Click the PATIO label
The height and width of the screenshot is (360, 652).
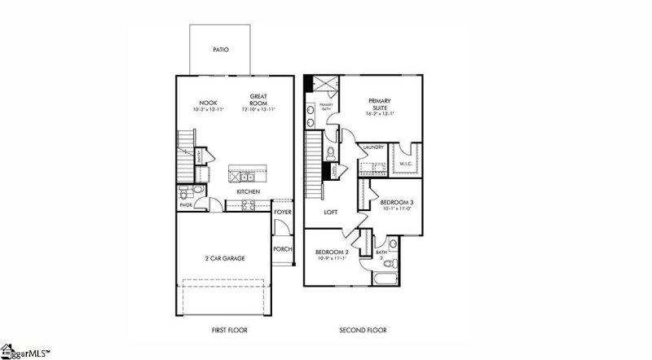tap(221, 50)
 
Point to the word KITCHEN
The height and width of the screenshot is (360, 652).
tap(249, 191)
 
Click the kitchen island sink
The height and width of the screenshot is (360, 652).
tap(244, 175)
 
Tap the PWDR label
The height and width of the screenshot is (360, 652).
tap(185, 205)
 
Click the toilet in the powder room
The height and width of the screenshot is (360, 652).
tap(186, 193)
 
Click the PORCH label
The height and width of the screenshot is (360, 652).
tap(282, 249)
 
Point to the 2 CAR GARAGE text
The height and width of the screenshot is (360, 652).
tap(224, 258)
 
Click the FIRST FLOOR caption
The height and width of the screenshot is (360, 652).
tap(224, 331)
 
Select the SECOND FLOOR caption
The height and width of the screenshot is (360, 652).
tap(363, 331)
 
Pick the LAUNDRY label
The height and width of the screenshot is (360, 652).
tap(373, 147)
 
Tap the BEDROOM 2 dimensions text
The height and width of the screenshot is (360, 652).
tap(333, 259)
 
